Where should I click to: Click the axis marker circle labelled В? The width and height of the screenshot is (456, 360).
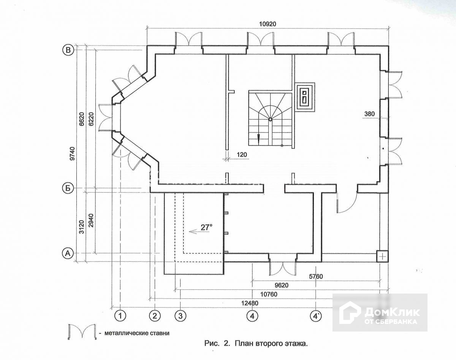68,50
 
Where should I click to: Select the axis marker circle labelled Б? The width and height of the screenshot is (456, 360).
68,188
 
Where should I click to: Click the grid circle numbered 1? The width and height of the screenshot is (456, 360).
120,315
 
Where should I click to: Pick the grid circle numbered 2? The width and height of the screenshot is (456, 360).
155,315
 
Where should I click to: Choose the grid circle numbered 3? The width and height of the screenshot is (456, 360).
180,315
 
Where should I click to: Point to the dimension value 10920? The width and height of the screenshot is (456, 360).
268,24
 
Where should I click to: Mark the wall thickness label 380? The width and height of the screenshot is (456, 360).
369,113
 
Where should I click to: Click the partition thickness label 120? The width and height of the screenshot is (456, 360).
242,155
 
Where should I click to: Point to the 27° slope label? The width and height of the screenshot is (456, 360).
206,227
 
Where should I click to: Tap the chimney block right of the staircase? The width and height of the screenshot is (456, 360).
306,96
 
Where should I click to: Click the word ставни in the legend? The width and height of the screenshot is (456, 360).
156,333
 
